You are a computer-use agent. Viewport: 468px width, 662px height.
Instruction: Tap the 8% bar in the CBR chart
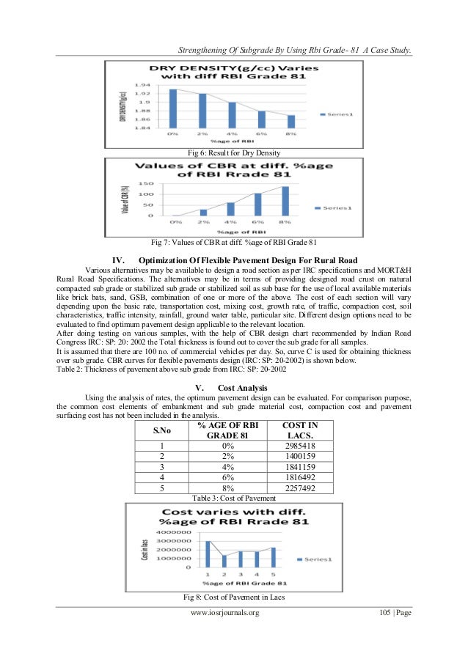pyautogui.click(x=285, y=201)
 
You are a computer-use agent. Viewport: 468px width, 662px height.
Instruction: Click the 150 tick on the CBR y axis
pyautogui.click(x=147, y=184)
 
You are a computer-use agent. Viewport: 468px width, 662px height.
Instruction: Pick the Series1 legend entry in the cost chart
pyautogui.click(x=315, y=559)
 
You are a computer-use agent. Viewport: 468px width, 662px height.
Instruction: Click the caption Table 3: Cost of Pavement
pyautogui.click(x=233, y=498)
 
